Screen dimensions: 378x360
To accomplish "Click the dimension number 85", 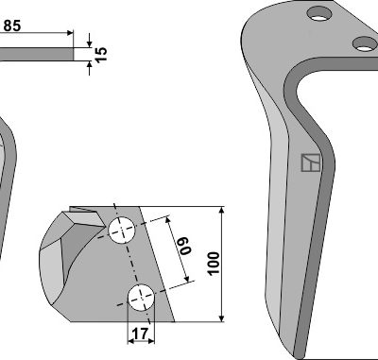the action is pos(12,26).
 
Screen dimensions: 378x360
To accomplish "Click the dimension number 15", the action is pos(101,55).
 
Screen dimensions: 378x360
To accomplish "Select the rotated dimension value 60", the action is pos(185,246).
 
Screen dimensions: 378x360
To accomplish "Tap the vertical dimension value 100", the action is pos(214,264).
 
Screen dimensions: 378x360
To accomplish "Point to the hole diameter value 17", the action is pos(140,334).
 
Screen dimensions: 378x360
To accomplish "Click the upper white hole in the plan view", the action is pos(122,230).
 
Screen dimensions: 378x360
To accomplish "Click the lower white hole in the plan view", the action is pos(141,298).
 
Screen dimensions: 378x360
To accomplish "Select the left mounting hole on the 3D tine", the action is pos(319,14).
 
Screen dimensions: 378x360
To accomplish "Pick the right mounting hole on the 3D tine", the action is pos(366,43).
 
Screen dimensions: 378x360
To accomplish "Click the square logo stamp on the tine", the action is pos(311,163).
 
